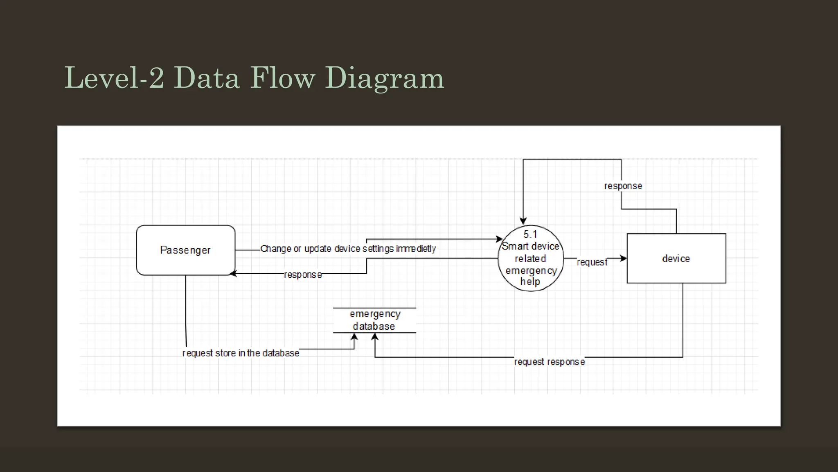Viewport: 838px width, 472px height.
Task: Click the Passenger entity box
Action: coord(185,250)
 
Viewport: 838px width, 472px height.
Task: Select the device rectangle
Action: coord(676,259)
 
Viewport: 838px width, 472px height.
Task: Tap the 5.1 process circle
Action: coord(531,259)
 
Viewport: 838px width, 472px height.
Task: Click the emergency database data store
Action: coord(374,320)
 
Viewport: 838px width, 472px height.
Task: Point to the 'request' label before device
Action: coord(592,262)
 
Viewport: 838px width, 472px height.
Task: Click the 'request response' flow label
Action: coord(549,362)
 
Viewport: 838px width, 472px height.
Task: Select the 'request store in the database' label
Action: coord(241,353)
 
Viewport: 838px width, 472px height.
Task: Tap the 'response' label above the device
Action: coord(623,186)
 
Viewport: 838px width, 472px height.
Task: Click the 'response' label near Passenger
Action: coord(303,275)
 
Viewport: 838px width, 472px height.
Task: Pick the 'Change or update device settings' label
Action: coord(348,249)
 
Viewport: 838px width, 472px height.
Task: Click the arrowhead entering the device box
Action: coord(623,259)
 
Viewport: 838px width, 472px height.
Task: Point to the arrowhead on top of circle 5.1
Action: coord(523,221)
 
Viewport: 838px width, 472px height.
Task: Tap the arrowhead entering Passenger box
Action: coord(233,274)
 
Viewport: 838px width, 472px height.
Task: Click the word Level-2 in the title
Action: coord(114,78)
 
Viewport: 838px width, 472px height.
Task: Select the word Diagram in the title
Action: coord(384,78)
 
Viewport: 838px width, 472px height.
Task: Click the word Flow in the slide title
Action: coord(282,78)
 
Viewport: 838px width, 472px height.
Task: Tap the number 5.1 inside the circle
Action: coord(530,234)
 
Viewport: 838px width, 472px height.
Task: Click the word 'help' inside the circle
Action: coord(530,282)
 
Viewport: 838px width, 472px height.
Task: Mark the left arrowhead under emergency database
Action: coord(354,337)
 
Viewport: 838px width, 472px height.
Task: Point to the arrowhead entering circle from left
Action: coord(499,239)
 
